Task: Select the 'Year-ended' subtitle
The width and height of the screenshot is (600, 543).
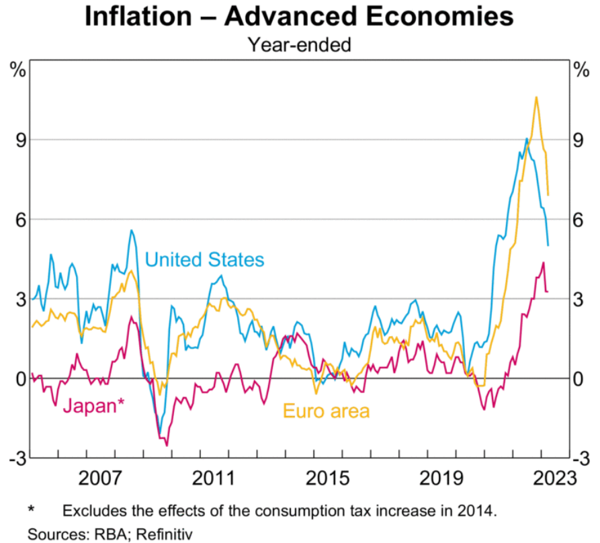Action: click(x=299, y=45)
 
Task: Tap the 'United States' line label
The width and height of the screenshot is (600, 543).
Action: click(x=204, y=259)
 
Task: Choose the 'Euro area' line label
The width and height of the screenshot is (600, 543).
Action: click(x=327, y=410)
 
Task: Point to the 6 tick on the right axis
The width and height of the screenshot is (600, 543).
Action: click(x=578, y=219)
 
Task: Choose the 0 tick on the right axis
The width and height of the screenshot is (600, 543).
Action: click(x=578, y=378)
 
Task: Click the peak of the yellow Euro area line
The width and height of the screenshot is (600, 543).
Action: click(x=536, y=97)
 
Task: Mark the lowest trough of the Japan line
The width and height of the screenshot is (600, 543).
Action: click(x=167, y=444)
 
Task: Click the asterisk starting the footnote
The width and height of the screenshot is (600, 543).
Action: click(x=31, y=510)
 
